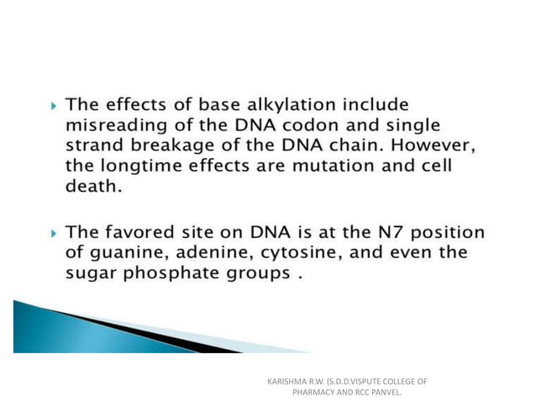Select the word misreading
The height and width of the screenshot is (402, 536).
113,125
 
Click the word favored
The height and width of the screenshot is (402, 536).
146,233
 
